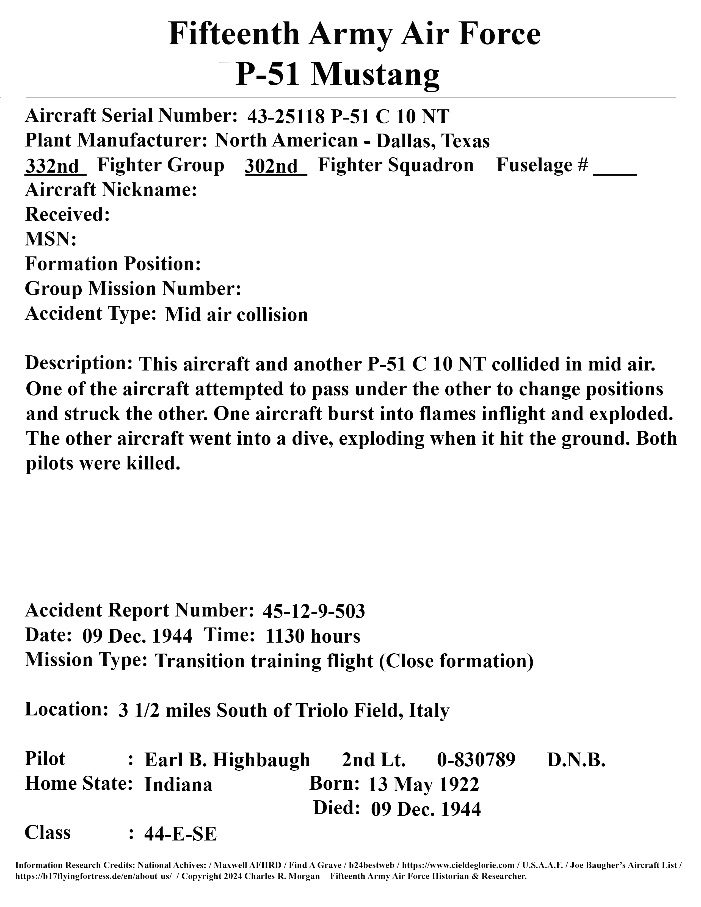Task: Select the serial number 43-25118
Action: (285, 117)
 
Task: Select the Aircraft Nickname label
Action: (111, 190)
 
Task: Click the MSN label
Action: (51, 240)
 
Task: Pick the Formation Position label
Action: (113, 264)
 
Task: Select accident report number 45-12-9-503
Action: (314, 611)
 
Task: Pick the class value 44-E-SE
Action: (180, 834)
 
